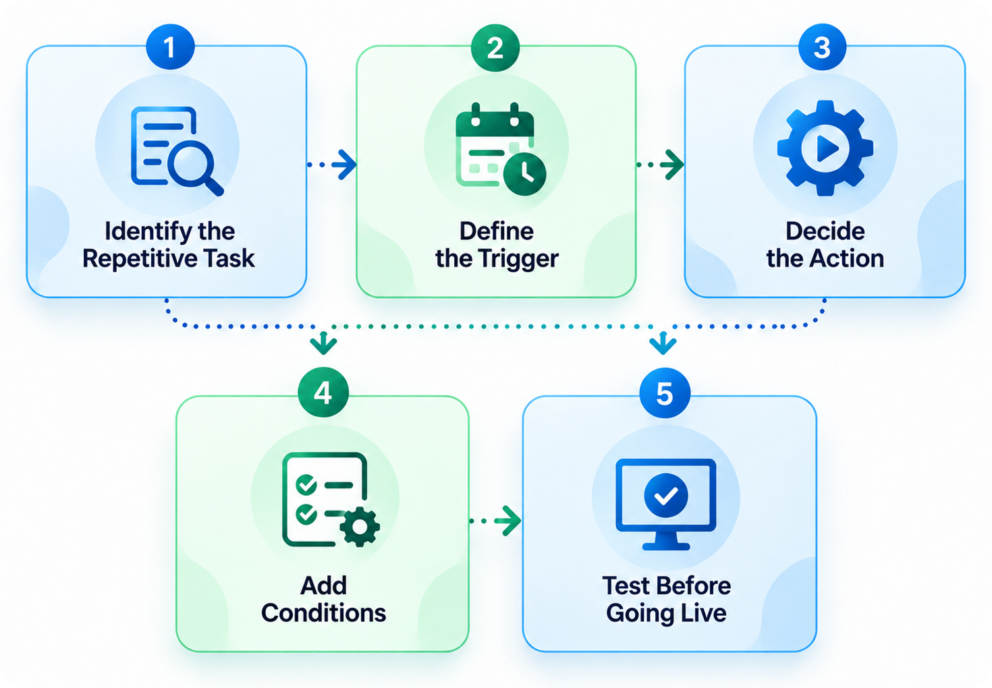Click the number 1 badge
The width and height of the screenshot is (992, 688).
(x=170, y=47)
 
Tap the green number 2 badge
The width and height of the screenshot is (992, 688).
(x=495, y=47)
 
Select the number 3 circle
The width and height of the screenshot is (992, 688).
(x=823, y=47)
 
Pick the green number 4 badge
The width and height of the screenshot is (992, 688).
(x=323, y=393)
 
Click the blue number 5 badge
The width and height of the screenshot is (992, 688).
(x=665, y=393)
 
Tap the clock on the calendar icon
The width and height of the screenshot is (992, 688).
(x=525, y=174)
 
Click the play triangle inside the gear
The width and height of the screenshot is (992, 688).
(x=827, y=148)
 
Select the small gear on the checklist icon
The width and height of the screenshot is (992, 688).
(x=360, y=527)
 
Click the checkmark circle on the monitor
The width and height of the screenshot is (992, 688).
(x=665, y=495)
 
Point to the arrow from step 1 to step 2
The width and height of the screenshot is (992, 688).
(x=332, y=165)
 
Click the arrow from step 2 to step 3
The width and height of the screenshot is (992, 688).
(x=660, y=165)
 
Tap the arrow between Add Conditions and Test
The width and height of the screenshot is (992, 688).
(x=495, y=521)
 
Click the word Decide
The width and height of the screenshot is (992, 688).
(x=825, y=231)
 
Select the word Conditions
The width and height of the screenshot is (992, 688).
(x=323, y=613)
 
